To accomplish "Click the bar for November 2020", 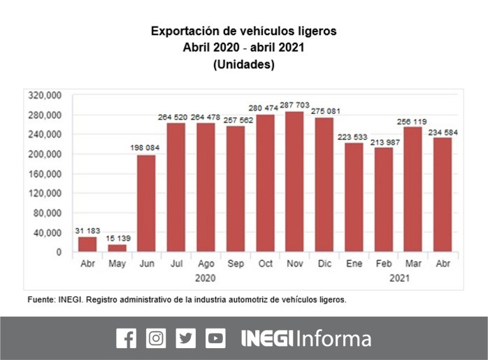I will pyautogui.click(x=294, y=182).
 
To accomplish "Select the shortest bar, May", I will pyautogui.click(x=117, y=248).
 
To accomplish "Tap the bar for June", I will pyautogui.click(x=146, y=203).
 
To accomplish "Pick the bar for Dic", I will pyautogui.click(x=324, y=185).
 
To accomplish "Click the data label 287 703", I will pyautogui.click(x=294, y=105).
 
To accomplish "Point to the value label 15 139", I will pyautogui.click(x=117, y=239).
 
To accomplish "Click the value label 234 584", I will pyautogui.click(x=443, y=131).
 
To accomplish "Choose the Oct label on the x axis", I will pyautogui.click(x=264, y=265).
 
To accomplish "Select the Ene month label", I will pyautogui.click(x=353, y=265).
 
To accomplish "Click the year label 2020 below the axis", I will pyautogui.click(x=206, y=278).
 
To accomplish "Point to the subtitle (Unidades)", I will pyautogui.click(x=243, y=65).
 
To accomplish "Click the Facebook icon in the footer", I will pyautogui.click(x=126, y=338).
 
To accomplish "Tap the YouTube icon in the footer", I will pyautogui.click(x=216, y=338).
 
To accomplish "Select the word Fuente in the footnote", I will pyautogui.click(x=41, y=299).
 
